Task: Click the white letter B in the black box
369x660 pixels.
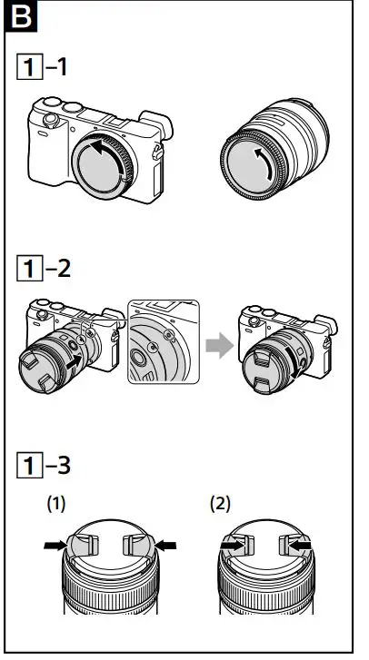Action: pyautogui.click(x=19, y=16)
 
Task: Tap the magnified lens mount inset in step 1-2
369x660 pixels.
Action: pyautogui.click(x=161, y=341)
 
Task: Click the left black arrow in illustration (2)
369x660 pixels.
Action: pyautogui.click(x=234, y=547)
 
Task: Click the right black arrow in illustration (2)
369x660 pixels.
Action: pyautogui.click(x=298, y=547)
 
